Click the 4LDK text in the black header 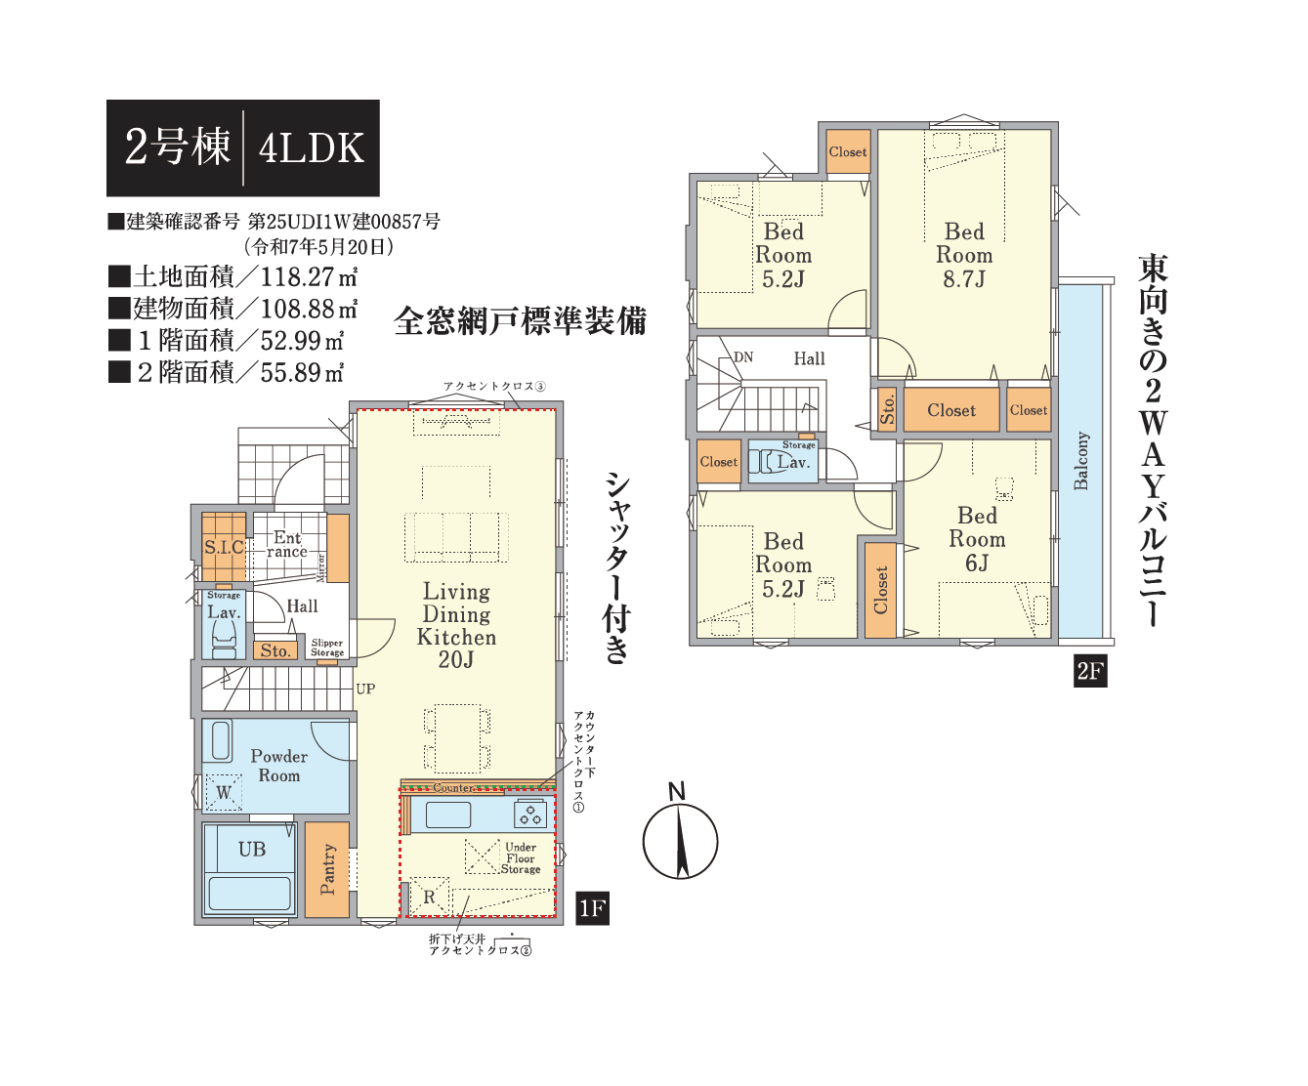click(x=312, y=148)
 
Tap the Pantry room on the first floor click(x=327, y=869)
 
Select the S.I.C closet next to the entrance click(x=224, y=547)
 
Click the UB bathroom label click(x=252, y=850)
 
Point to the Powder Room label click(x=279, y=766)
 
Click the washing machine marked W click(x=224, y=792)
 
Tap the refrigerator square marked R click(x=429, y=897)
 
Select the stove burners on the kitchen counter click(x=530, y=814)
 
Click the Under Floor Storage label click(x=521, y=858)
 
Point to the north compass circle click(x=680, y=842)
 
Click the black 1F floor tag click(x=592, y=908)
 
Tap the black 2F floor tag click(x=1090, y=671)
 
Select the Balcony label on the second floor click(x=1081, y=460)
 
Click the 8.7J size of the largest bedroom click(x=964, y=278)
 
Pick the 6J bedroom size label click(x=977, y=564)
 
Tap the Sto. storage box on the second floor click(x=887, y=409)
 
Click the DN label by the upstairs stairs click(x=743, y=357)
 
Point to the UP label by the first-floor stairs click(x=366, y=689)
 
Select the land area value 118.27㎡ click(x=309, y=276)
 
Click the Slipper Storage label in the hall click(x=327, y=647)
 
